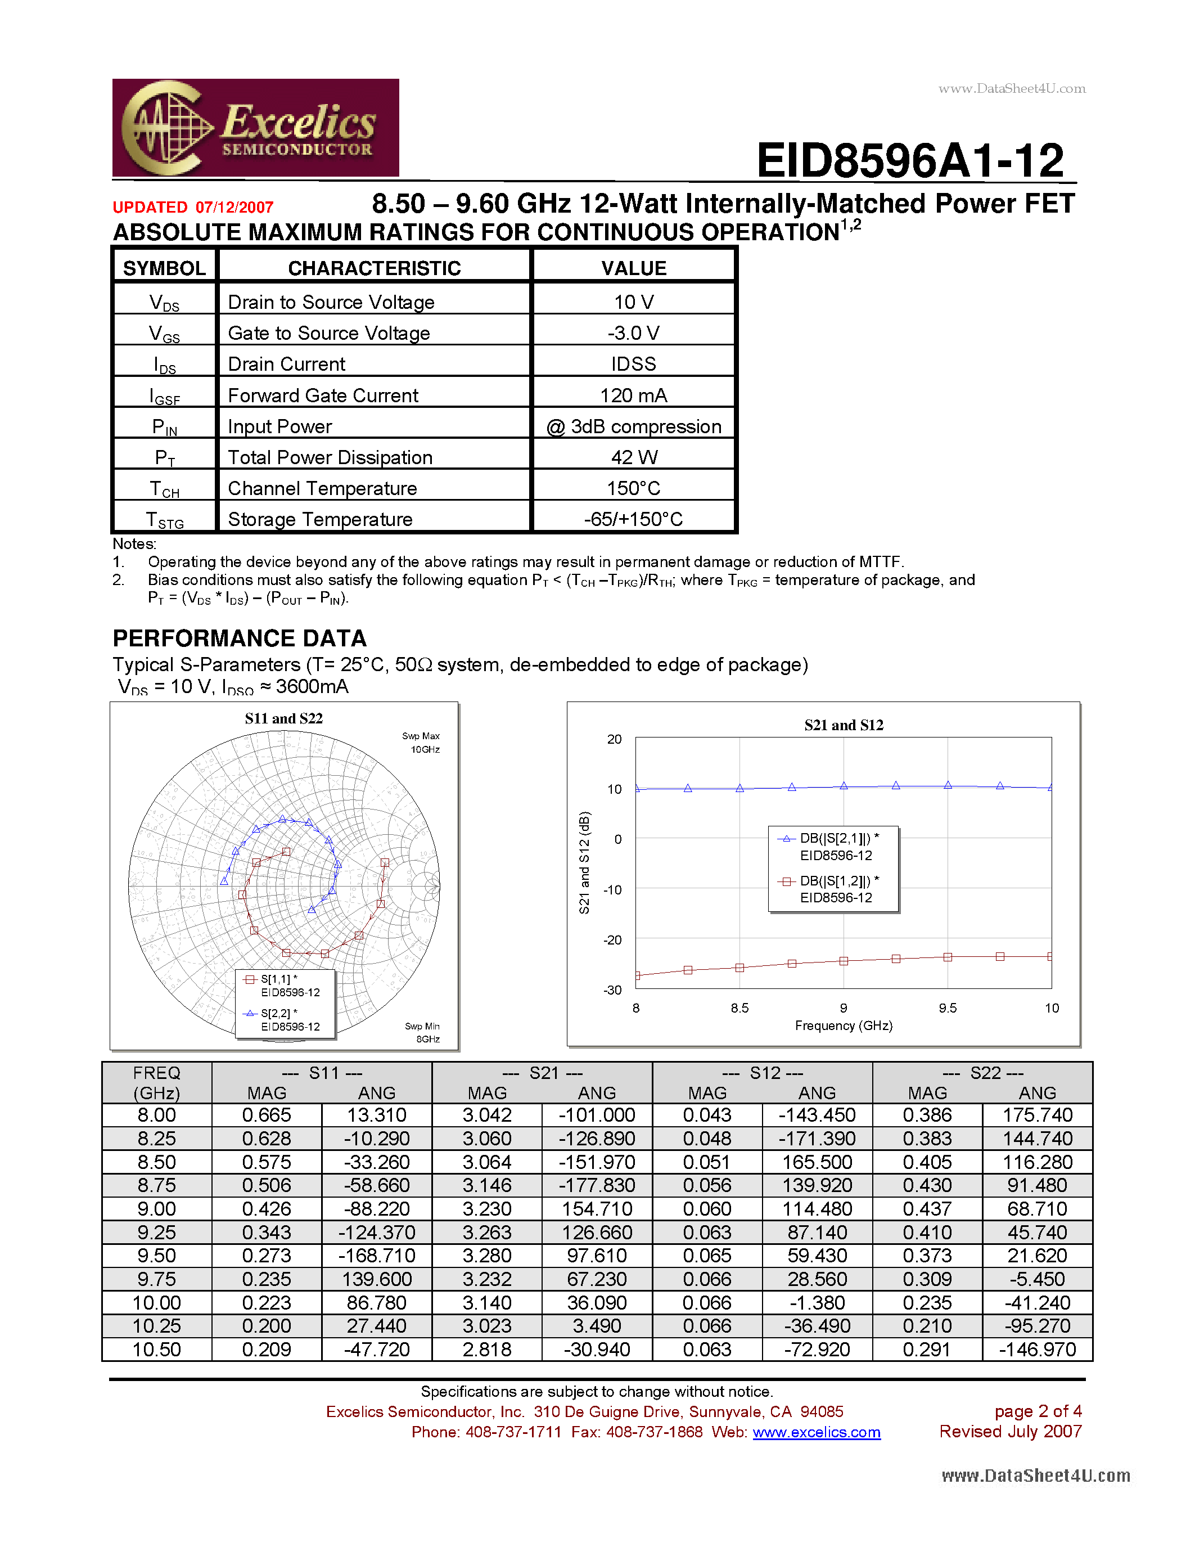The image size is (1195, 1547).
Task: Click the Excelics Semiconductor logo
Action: coord(255,128)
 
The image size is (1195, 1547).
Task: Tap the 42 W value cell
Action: coord(634,457)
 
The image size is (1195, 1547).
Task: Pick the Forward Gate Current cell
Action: coord(323,396)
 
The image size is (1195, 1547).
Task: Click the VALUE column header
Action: coord(634,268)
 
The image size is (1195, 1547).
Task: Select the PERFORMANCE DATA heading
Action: coord(240,638)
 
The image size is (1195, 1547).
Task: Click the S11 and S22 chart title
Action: coord(283,718)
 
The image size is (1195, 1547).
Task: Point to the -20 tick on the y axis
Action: coord(612,940)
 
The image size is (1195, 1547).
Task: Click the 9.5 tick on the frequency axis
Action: coord(947,1008)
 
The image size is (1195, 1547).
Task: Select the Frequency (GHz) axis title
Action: coord(843,1026)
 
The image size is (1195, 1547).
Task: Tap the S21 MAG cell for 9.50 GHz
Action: coord(486,1256)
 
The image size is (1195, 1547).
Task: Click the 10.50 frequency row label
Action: coord(156,1350)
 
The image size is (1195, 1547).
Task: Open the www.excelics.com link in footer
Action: coord(816,1432)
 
